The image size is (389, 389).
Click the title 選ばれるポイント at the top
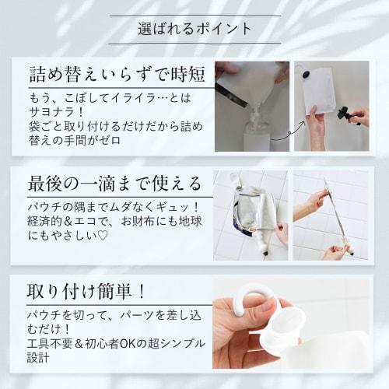194,30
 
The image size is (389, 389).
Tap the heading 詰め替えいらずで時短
114,75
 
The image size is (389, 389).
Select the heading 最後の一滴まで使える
114,184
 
